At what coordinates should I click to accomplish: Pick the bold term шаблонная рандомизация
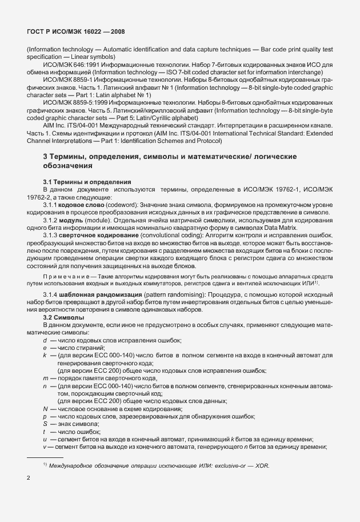[109, 294]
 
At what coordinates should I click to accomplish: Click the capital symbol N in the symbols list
[45, 409]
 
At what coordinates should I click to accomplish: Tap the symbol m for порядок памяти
[45, 378]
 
